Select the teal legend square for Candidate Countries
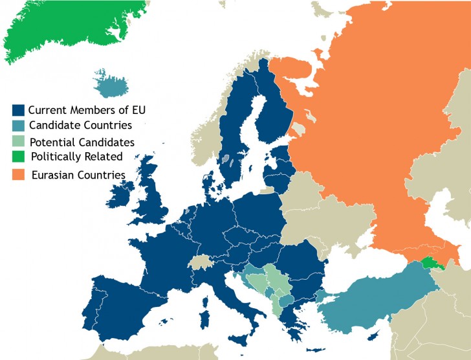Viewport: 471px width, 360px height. pyautogui.click(x=19, y=126)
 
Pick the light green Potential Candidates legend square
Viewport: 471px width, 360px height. pyautogui.click(x=19, y=142)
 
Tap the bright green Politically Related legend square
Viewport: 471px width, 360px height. pyautogui.click(x=19, y=157)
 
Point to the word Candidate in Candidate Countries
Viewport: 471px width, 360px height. pyautogui.click(x=52, y=125)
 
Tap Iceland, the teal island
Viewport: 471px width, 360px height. pyautogui.click(x=109, y=83)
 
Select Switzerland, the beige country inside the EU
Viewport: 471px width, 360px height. pyautogui.click(x=204, y=262)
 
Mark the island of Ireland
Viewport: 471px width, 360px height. pyautogui.click(x=121, y=194)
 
